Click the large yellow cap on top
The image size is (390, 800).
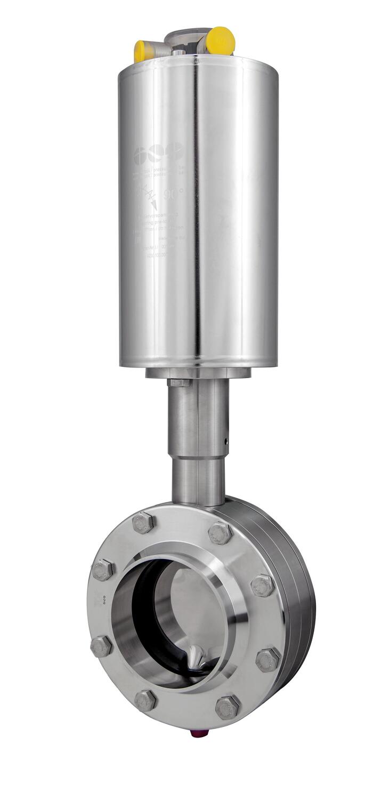click(220, 41)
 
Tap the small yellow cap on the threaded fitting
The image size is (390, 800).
click(141, 51)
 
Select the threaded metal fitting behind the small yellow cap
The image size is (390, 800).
click(158, 51)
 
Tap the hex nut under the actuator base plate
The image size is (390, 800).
click(179, 382)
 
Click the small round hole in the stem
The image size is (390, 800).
click(225, 441)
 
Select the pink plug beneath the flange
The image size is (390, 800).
click(196, 733)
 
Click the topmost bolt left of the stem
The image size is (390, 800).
click(143, 523)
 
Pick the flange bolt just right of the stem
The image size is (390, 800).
click(220, 532)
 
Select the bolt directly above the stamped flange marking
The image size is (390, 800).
click(103, 570)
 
